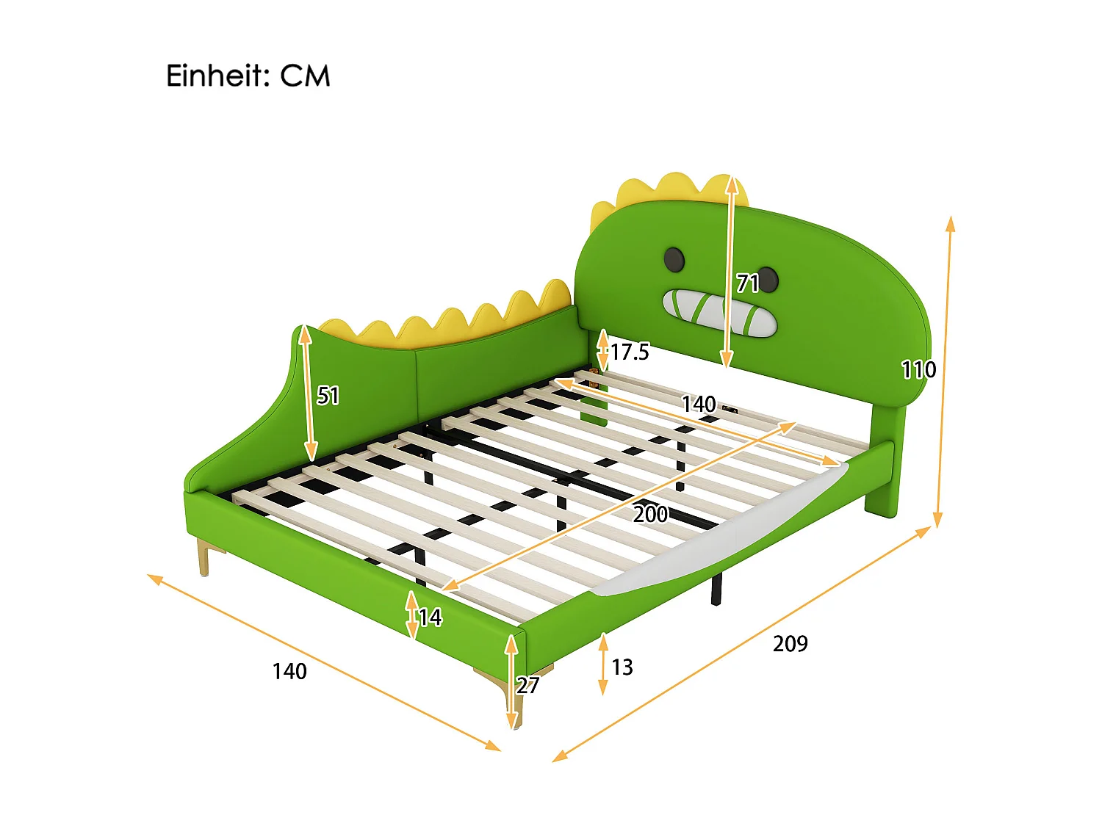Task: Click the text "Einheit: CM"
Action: tap(248, 76)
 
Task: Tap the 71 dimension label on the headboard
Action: tap(747, 283)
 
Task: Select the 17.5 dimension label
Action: tap(630, 352)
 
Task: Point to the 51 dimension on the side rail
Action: tap(328, 396)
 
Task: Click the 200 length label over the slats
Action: tap(650, 514)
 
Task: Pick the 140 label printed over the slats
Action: tap(698, 404)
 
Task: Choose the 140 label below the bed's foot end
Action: tap(289, 671)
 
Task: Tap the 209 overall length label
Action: tap(790, 644)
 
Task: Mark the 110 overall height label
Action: tap(918, 369)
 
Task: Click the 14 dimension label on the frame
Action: tap(430, 617)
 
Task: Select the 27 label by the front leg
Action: tap(527, 686)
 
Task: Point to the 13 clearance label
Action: tap(622, 667)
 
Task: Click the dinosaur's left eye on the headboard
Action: tap(674, 258)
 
